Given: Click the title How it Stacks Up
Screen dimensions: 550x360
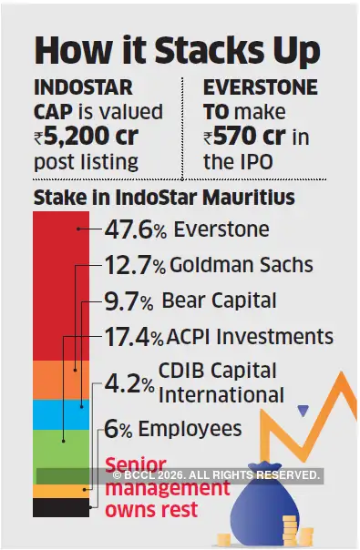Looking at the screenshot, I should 179,47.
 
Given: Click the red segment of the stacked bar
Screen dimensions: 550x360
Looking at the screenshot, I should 60,282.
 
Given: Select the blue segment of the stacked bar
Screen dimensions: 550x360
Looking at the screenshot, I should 60,414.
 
